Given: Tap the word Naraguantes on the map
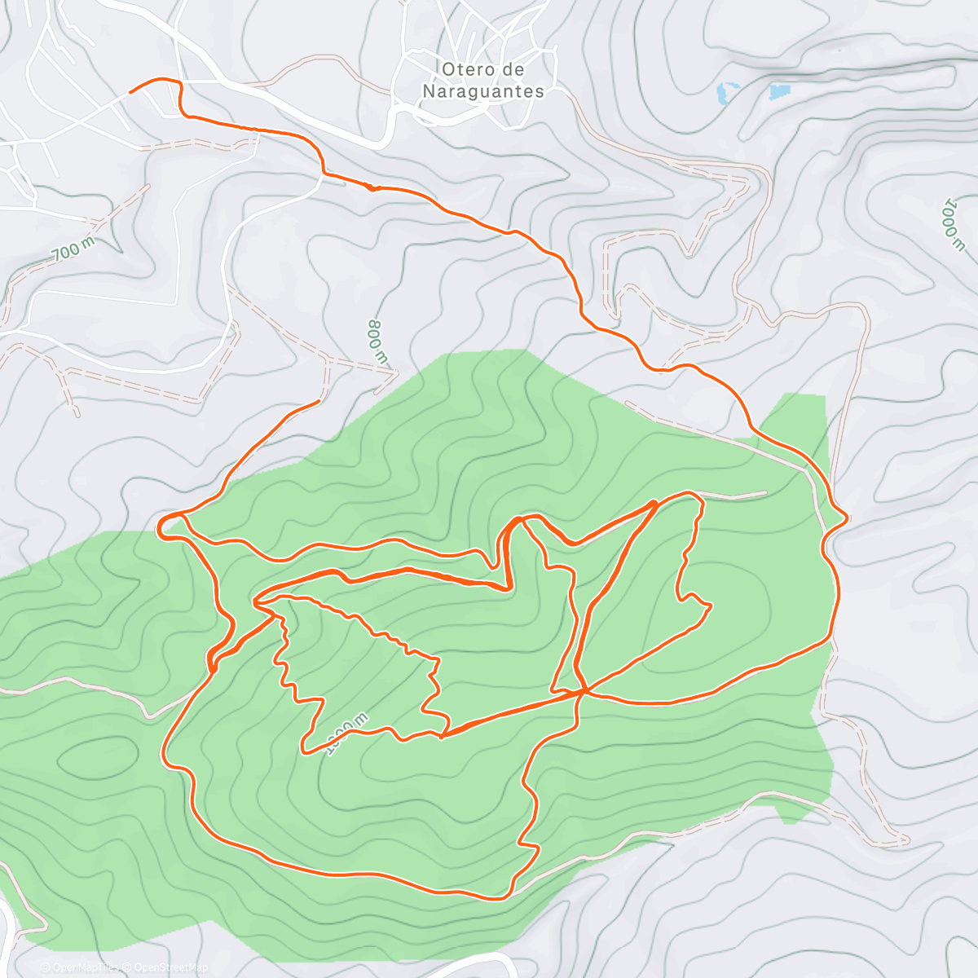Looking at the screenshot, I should point(483,91).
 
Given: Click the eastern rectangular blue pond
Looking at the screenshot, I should point(779,91).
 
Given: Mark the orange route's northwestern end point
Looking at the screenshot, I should point(130,92).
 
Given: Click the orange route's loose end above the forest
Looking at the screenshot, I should point(319,402).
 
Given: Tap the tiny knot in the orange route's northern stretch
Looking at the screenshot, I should point(373,187).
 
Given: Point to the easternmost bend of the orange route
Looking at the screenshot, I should point(848,518).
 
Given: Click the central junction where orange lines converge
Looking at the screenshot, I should point(583,692).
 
